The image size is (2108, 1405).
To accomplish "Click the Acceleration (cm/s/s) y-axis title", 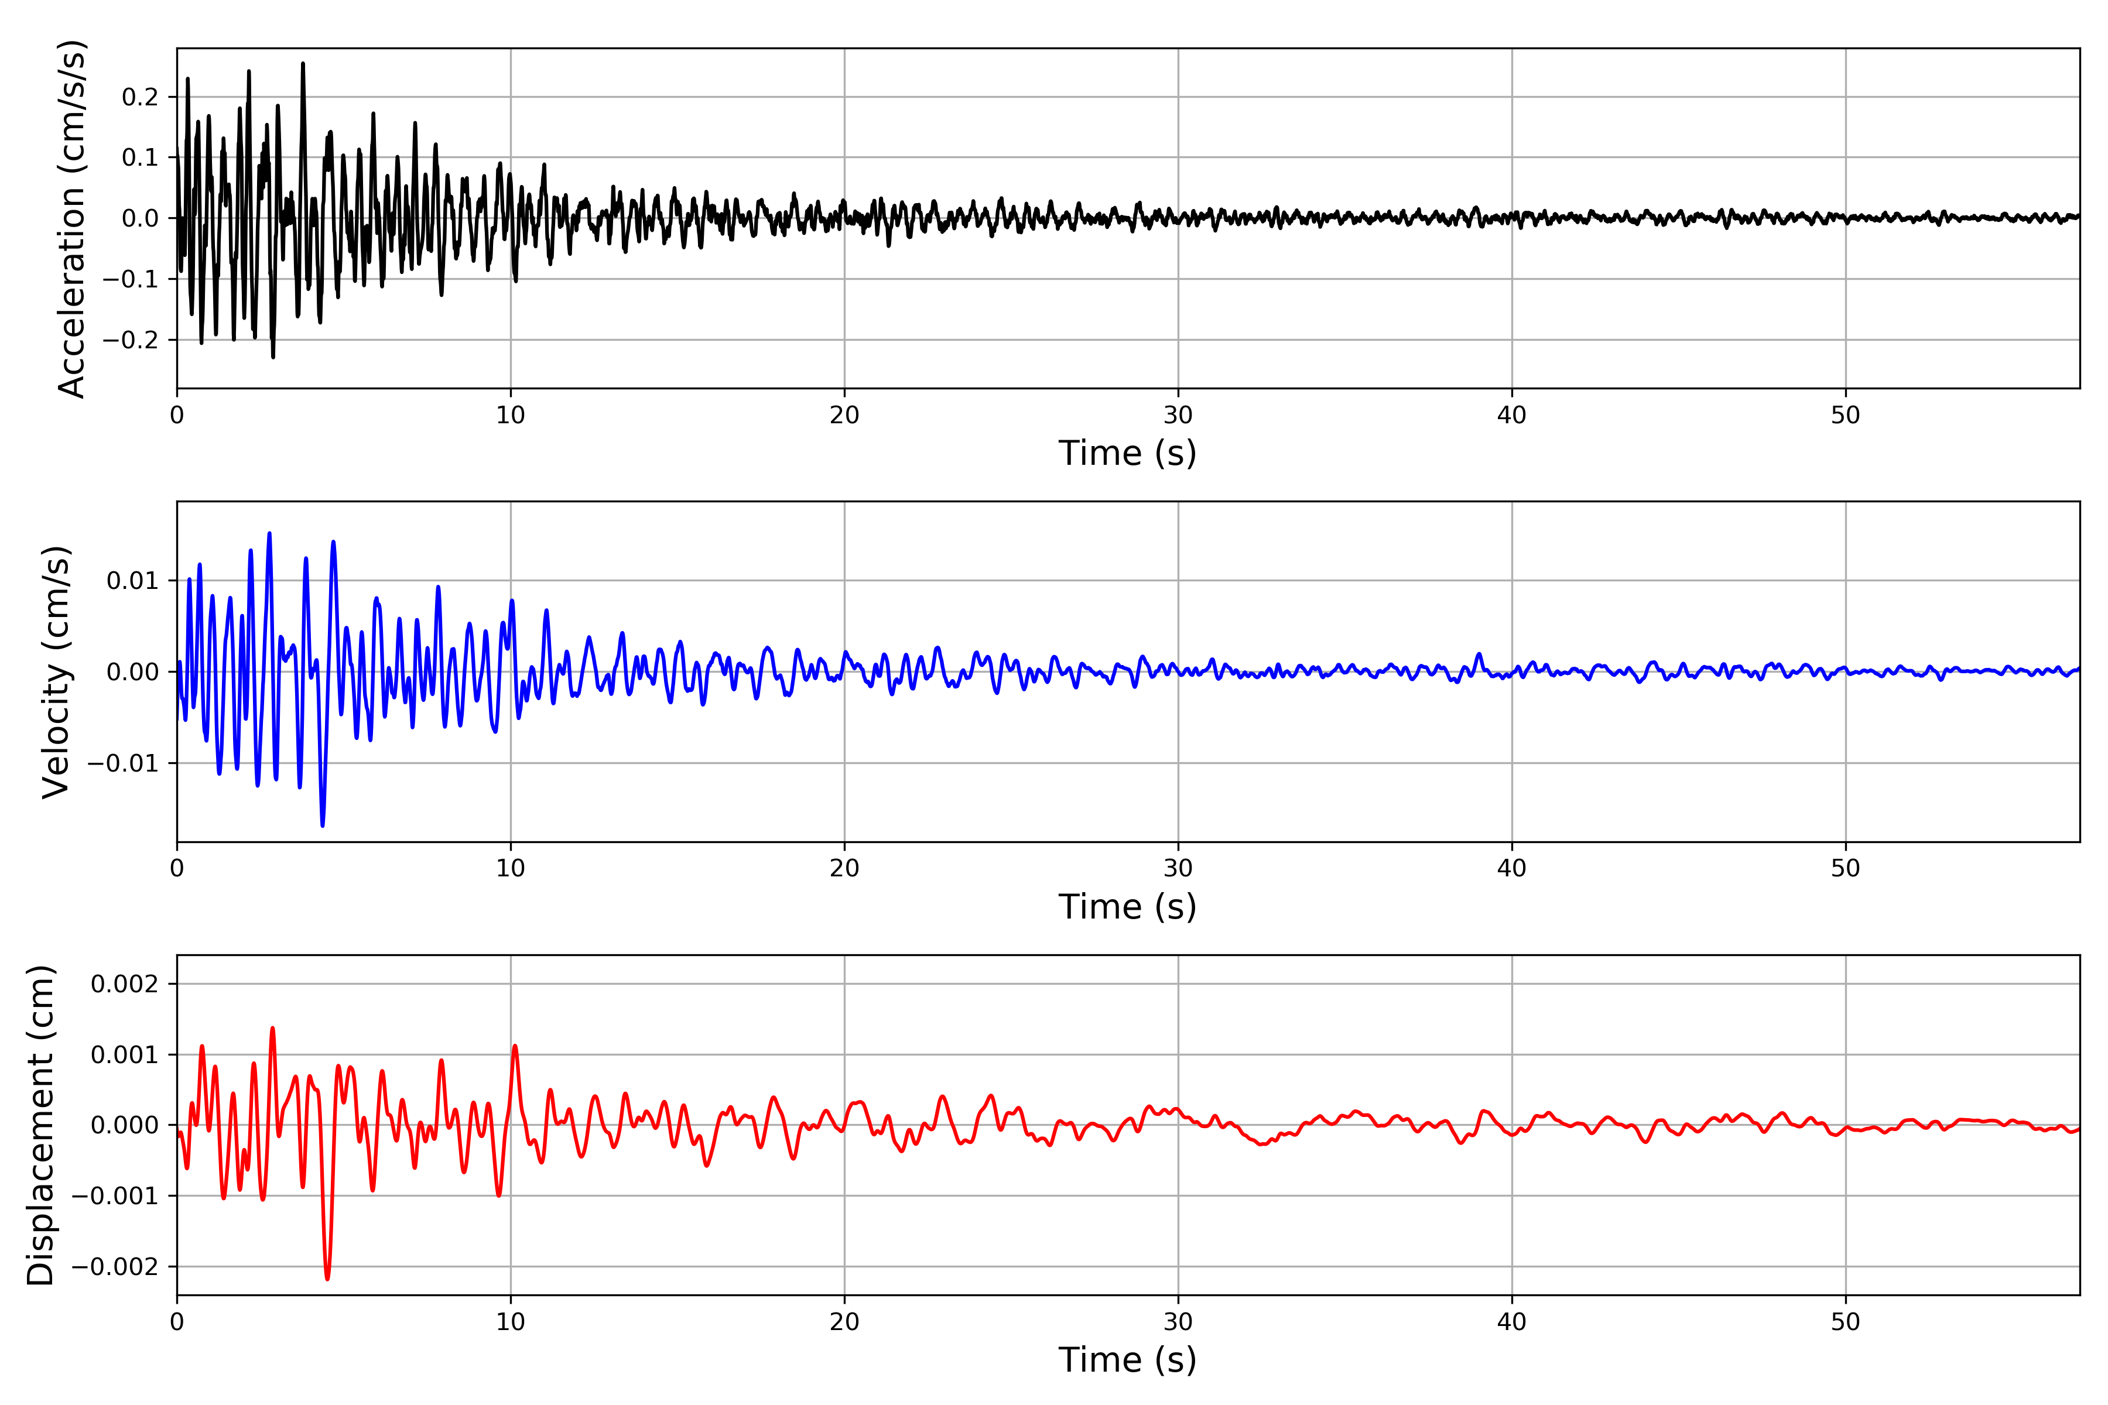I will tap(71, 218).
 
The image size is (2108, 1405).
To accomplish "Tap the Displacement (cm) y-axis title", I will tap(41, 1125).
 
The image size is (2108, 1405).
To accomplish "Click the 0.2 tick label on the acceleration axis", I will tap(140, 97).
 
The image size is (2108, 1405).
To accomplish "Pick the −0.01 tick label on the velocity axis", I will tap(123, 763).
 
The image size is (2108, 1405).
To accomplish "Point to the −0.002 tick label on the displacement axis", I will tap(115, 1266).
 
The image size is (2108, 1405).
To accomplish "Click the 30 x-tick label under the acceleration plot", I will tap(1178, 416).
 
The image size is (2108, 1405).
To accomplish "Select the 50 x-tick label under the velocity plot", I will tap(1846, 868).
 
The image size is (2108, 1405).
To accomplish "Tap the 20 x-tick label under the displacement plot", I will tap(844, 1322).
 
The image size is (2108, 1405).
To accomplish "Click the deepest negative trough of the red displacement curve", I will tap(327, 1279).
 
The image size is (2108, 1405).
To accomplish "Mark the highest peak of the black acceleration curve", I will tap(303, 64).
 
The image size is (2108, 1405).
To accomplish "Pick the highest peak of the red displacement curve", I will tap(272, 1029).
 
